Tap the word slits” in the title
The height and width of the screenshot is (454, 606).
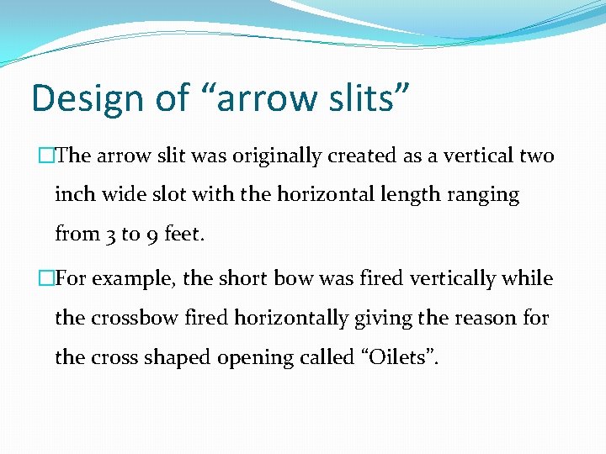point(362,98)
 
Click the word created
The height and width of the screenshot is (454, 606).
point(369,156)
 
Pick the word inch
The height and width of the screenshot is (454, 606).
point(75,195)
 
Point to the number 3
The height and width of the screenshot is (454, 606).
point(111,235)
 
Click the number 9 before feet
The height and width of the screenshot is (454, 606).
point(152,235)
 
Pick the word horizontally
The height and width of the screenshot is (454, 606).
point(287,319)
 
